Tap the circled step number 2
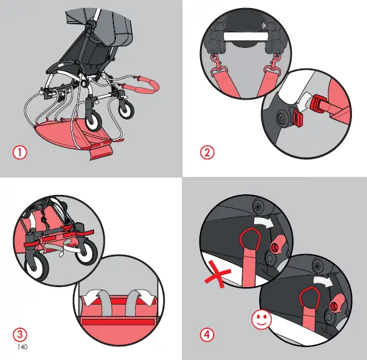point(208,152)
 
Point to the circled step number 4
point(208,334)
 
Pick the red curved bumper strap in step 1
point(147,84)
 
